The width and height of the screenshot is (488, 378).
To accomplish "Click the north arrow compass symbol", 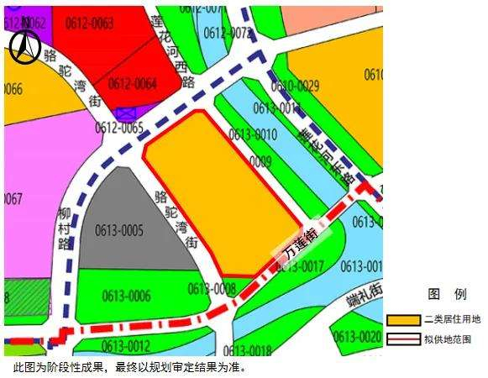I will pyautogui.click(x=24, y=49).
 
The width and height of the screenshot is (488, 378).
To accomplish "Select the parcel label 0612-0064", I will pyautogui.click(x=133, y=84).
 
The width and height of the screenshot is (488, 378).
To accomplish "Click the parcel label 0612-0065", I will pyautogui.click(x=119, y=128).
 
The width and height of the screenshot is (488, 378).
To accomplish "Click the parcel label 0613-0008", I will pyautogui.click(x=212, y=289).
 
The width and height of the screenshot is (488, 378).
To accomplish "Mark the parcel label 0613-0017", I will pyautogui.click(x=300, y=267).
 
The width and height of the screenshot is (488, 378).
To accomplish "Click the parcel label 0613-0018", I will pyautogui.click(x=248, y=350).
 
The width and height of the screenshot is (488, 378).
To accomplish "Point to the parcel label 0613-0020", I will pyautogui.click(x=357, y=338).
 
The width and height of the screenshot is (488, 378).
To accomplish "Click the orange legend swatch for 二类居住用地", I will pyautogui.click(x=403, y=321).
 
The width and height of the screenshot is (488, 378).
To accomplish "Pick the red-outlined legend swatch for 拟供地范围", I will pyautogui.click(x=403, y=339).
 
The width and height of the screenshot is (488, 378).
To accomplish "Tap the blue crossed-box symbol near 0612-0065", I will pyautogui.click(x=128, y=113).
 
